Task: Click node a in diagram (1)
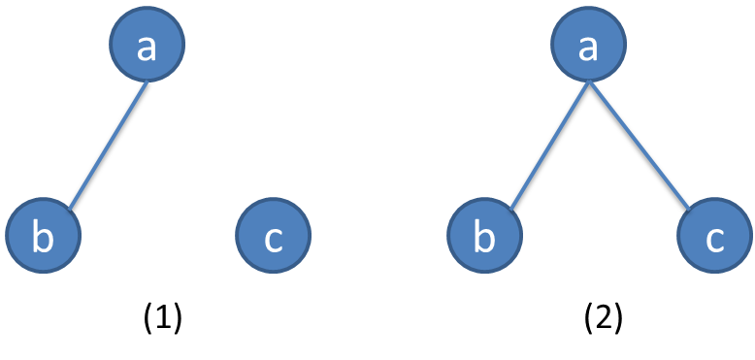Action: [147, 46]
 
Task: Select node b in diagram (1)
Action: [43, 236]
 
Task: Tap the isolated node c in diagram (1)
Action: [273, 236]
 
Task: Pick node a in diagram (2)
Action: [588, 46]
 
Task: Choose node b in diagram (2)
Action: [484, 236]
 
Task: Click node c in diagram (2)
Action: [715, 236]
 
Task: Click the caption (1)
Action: [163, 317]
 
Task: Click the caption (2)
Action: [604, 317]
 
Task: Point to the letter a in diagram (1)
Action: [147, 48]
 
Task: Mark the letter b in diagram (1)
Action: [43, 237]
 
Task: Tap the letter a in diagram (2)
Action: [588, 48]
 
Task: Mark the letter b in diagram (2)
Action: [484, 237]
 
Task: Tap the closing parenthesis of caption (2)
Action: [618, 317]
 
